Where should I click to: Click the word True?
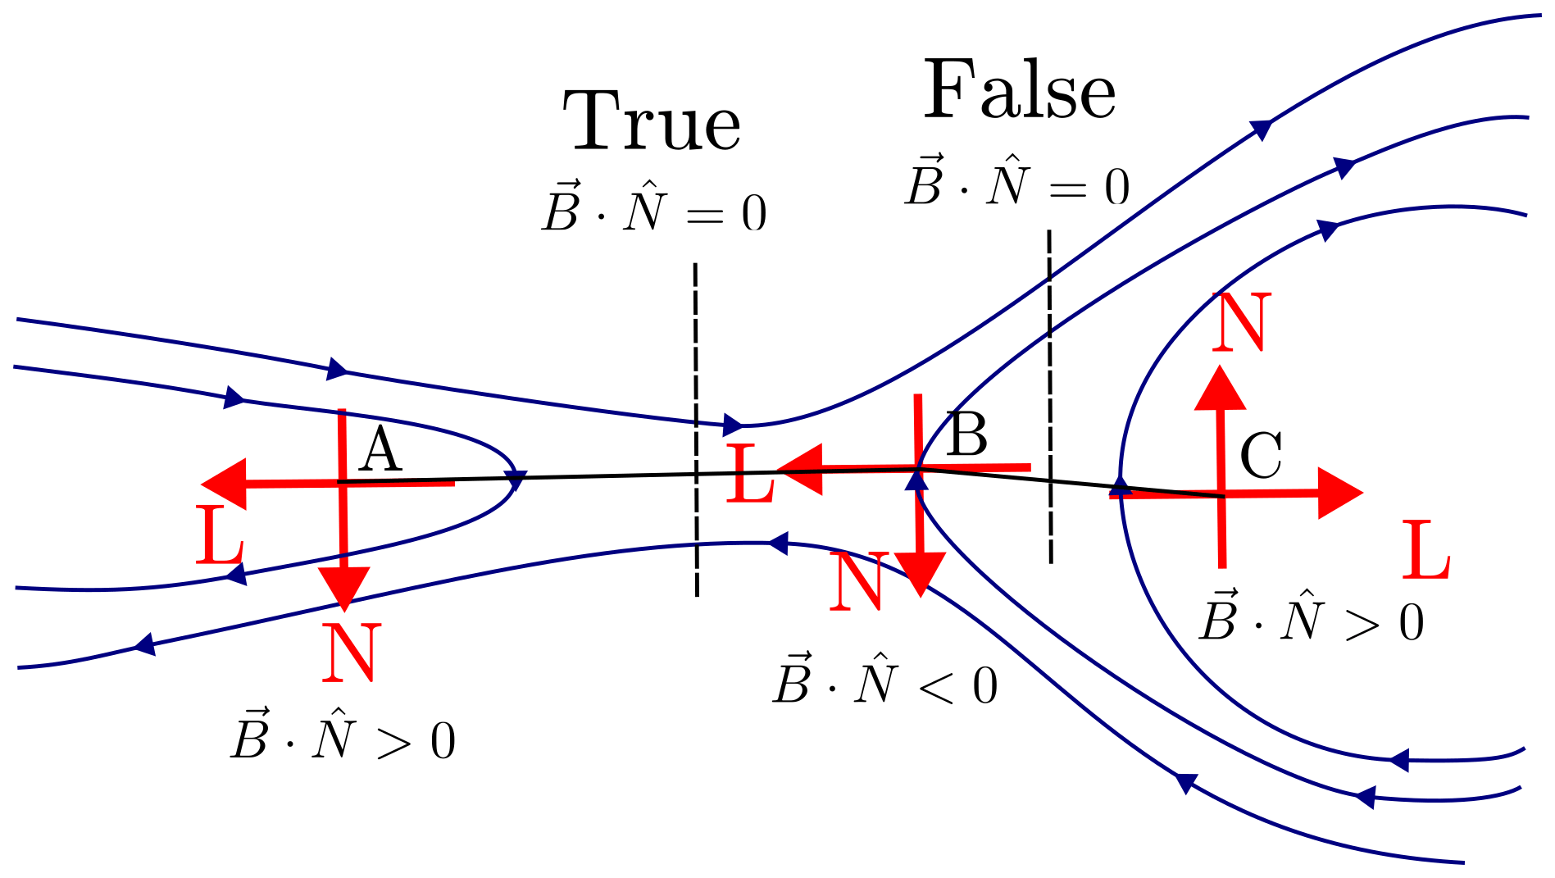coord(652,121)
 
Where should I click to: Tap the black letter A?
coord(380,451)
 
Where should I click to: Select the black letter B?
coord(966,435)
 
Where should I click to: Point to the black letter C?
coord(1261,456)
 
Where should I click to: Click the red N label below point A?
coord(351,653)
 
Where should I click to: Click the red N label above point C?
coord(1241,322)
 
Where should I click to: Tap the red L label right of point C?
coord(1426,549)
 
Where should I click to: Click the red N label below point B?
coord(857,581)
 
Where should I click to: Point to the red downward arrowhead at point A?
coord(344,587)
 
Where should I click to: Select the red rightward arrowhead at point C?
coord(1339,493)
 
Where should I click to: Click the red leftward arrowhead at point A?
coord(225,484)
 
